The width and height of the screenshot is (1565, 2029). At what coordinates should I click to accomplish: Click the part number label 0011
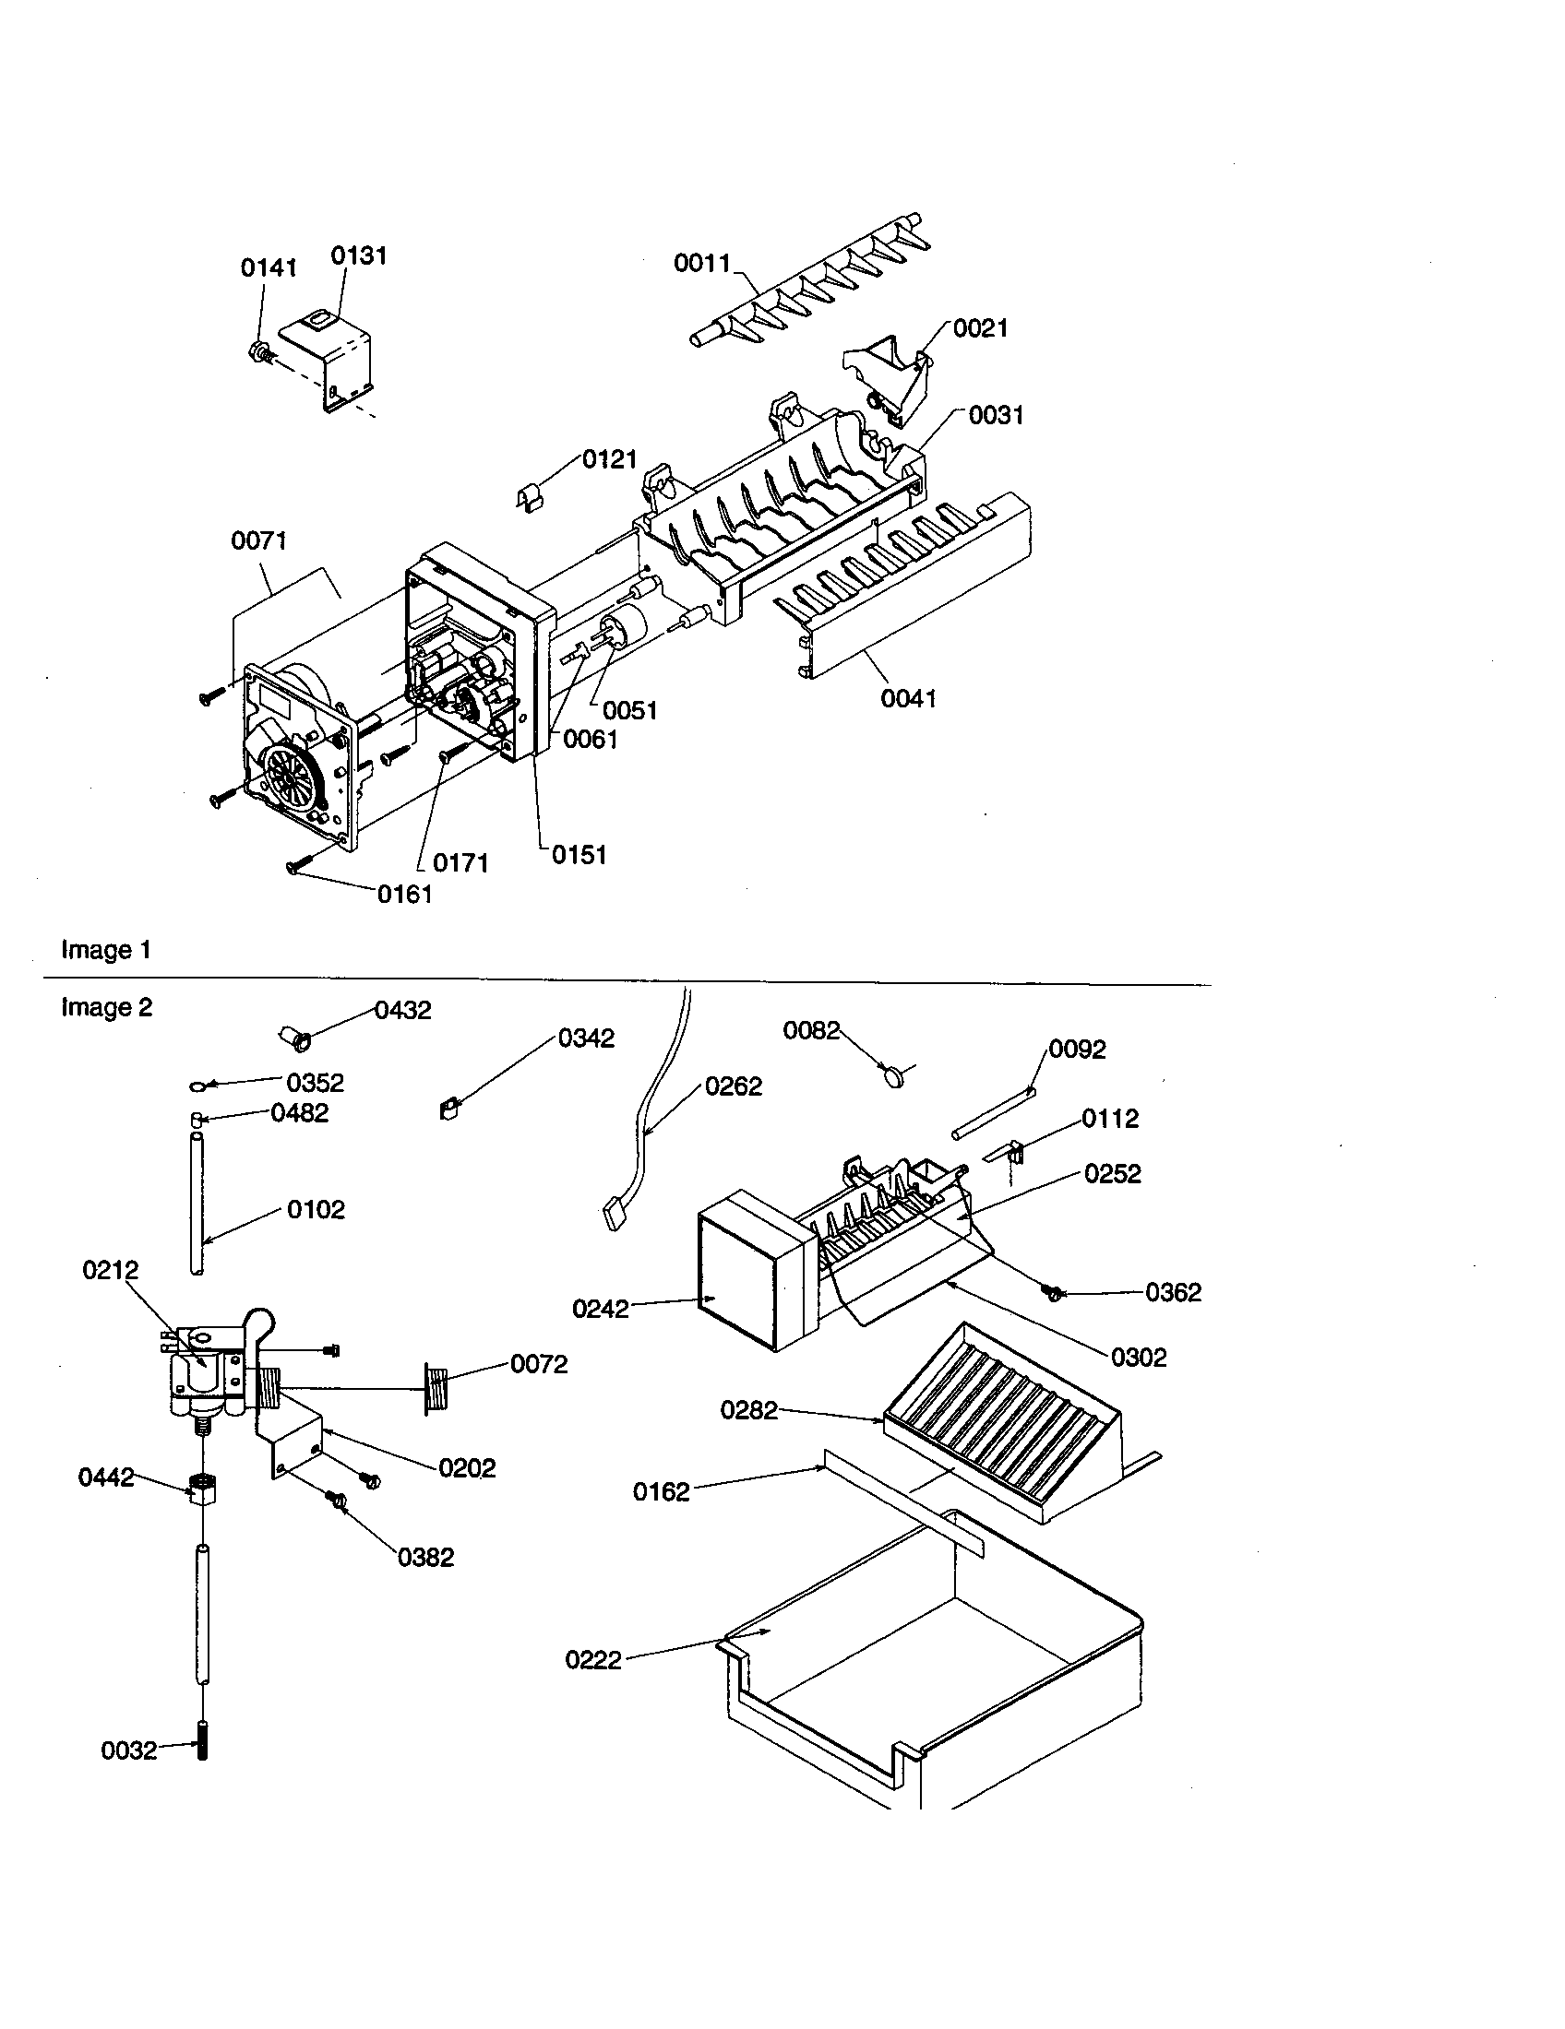(x=702, y=264)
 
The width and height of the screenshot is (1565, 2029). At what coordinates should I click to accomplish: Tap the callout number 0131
(x=359, y=255)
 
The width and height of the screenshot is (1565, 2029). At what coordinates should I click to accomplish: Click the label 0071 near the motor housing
(x=259, y=540)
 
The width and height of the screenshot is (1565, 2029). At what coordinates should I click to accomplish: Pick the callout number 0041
(x=908, y=698)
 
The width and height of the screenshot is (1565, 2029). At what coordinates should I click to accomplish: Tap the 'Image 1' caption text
(x=106, y=949)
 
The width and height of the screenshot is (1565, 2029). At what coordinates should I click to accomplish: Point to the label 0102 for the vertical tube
(x=316, y=1210)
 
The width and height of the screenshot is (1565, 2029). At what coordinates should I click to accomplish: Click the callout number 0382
(x=425, y=1558)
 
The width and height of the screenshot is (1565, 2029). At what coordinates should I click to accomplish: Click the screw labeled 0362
(x=1053, y=1292)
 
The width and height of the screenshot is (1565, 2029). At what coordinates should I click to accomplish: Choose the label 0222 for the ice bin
(x=593, y=1660)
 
